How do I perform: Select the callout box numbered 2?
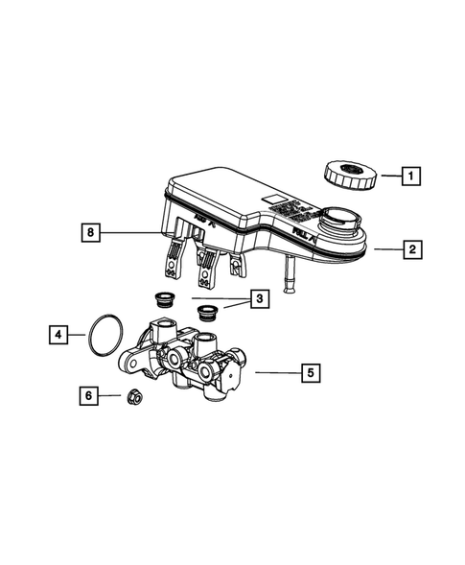point(411,250)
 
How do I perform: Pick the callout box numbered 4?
point(59,335)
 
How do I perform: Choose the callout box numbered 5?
point(308,369)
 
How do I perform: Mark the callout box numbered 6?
point(87,394)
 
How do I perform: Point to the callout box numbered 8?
point(90,231)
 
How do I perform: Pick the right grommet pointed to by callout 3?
point(204,312)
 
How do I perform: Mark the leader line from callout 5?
point(272,369)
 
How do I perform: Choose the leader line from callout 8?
point(134,232)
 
